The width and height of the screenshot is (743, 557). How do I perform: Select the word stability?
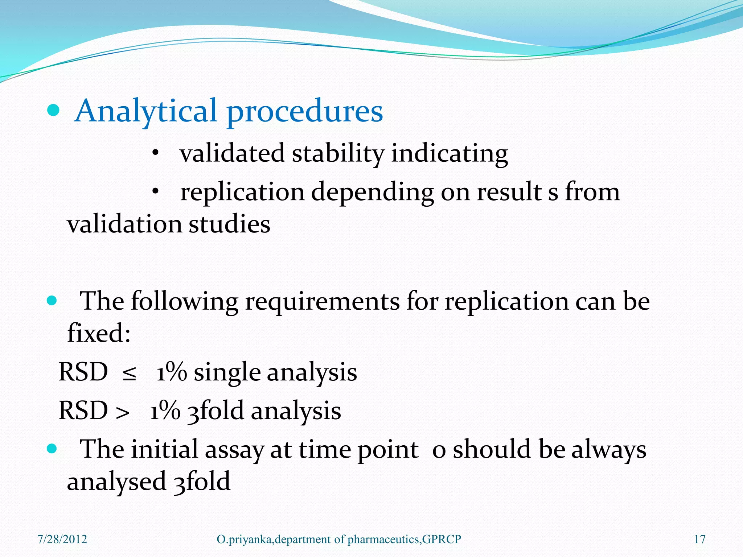pos(337,153)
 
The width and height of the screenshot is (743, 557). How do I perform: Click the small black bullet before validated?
pos(155,153)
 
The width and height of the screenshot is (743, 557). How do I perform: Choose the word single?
pos(227,373)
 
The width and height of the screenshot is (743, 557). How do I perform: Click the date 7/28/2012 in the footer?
pos(62,539)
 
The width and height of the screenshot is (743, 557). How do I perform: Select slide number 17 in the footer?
pos(699,539)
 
